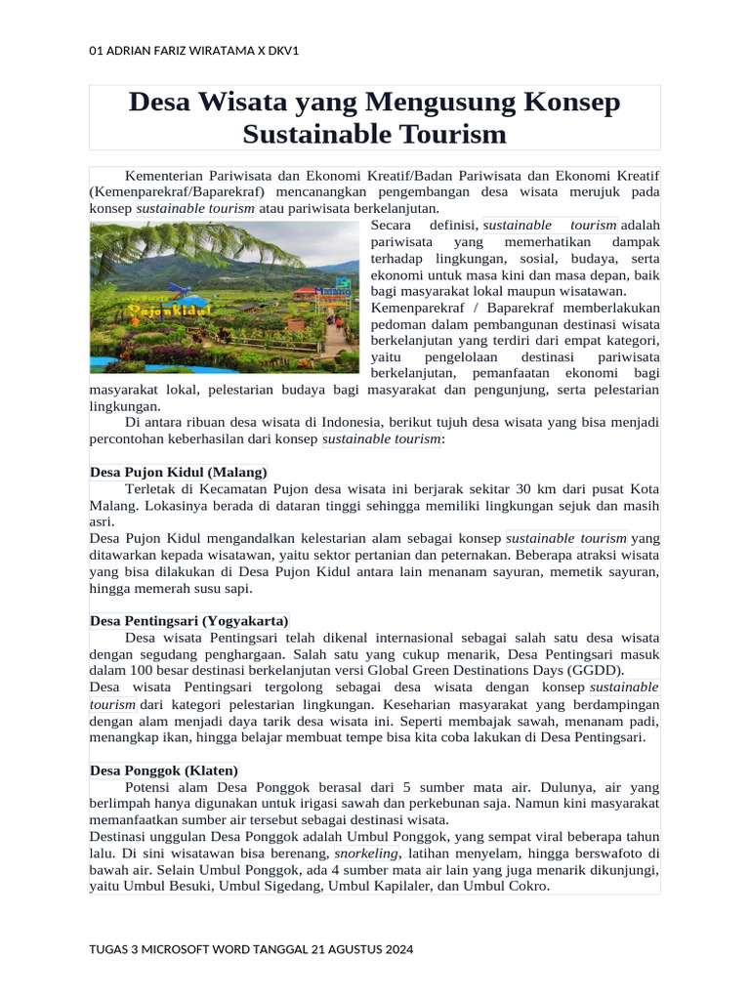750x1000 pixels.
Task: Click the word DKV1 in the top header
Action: click(279, 51)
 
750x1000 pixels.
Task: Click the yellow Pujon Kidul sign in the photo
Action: click(156, 310)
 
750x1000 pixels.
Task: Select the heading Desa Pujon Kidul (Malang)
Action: click(178, 473)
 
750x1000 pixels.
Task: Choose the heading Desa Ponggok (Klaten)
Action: click(163, 771)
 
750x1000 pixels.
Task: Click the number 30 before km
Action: click(523, 489)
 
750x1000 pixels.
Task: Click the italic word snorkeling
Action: click(367, 854)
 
